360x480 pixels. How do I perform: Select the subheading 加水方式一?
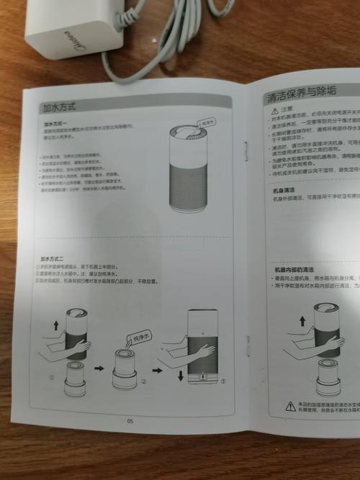coord(55,124)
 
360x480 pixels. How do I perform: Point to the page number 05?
coord(130,421)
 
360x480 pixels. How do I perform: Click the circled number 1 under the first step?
coord(51,377)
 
